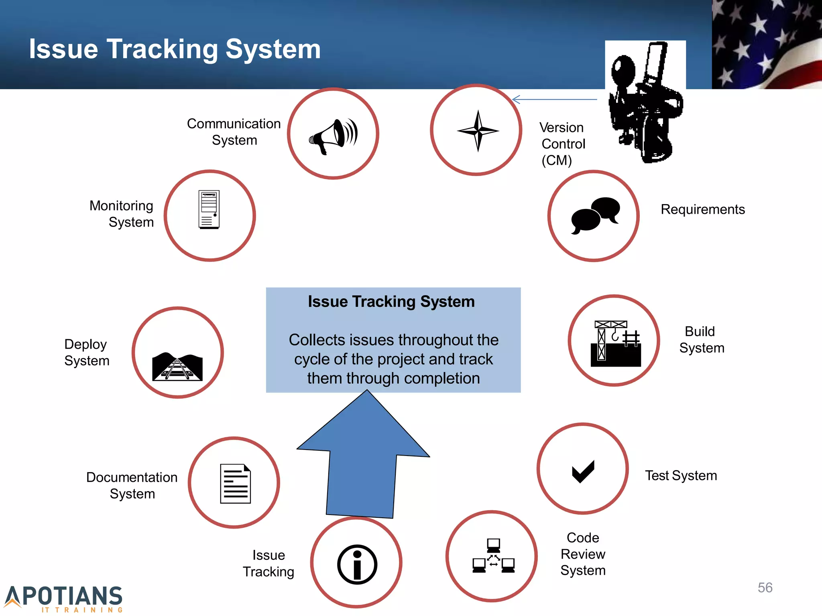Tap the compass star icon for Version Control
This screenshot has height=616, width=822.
click(x=478, y=131)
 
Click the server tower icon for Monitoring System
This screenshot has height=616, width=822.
click(x=209, y=210)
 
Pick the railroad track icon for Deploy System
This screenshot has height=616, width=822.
click(x=177, y=367)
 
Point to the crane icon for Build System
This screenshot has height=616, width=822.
click(x=615, y=343)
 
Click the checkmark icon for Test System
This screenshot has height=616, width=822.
click(x=583, y=471)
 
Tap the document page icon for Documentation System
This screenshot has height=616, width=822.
click(x=235, y=483)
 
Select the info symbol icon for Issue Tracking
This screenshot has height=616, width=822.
click(x=357, y=564)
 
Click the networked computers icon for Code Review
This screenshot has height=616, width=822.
click(x=493, y=556)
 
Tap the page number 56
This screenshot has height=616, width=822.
click(x=765, y=588)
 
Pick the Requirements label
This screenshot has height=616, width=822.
click(x=702, y=209)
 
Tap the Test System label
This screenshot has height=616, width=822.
click(x=681, y=476)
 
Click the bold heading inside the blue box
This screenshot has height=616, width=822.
click(x=391, y=302)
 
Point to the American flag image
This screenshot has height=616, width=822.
click(x=767, y=44)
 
